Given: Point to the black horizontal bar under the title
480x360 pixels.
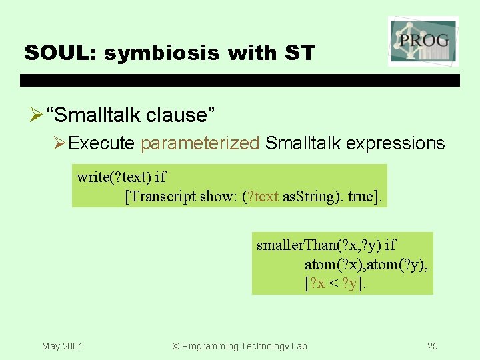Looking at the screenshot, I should point(240,81).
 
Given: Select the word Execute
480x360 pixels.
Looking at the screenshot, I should point(103,143).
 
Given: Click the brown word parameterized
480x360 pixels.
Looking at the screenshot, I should point(200,143).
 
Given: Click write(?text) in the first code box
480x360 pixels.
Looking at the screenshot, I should point(113,177).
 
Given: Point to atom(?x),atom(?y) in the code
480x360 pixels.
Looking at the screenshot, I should point(366,265).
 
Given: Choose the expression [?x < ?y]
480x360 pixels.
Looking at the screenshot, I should point(335,283).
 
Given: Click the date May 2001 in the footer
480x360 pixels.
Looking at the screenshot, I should point(62,346).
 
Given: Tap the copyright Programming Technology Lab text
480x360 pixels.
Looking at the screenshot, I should point(239,346).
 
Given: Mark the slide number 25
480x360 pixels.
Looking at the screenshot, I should point(433,346).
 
